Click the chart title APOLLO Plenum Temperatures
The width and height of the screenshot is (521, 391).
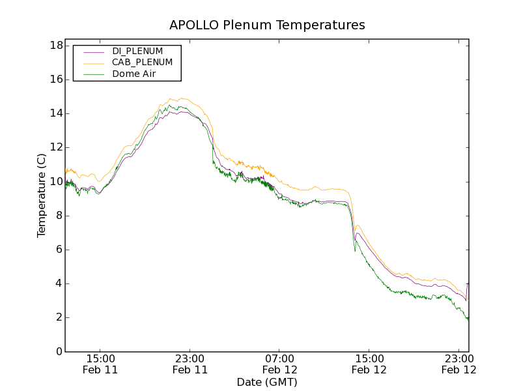[x=267, y=25]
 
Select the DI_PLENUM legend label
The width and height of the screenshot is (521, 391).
[x=137, y=51]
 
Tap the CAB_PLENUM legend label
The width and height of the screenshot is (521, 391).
[x=142, y=63]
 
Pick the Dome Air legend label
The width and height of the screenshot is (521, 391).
[x=134, y=74]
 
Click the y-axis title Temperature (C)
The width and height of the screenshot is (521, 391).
[x=42, y=195]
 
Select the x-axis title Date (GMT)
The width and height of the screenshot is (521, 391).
[x=267, y=382]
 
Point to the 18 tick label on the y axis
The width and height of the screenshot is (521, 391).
[x=56, y=46]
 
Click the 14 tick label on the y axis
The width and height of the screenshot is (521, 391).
[x=56, y=113]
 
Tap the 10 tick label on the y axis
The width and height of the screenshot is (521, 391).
[x=56, y=181]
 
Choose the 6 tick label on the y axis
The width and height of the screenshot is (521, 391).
[x=59, y=250]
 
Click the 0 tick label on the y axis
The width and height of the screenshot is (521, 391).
[x=59, y=351]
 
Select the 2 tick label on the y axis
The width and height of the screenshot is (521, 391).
[x=59, y=317]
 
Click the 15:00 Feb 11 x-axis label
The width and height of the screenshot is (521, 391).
[x=100, y=364]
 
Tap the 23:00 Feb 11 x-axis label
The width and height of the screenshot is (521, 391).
[x=190, y=364]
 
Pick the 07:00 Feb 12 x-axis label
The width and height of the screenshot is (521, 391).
[x=279, y=364]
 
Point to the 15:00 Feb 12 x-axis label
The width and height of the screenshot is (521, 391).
[x=369, y=364]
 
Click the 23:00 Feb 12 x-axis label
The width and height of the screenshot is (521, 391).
[x=458, y=364]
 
